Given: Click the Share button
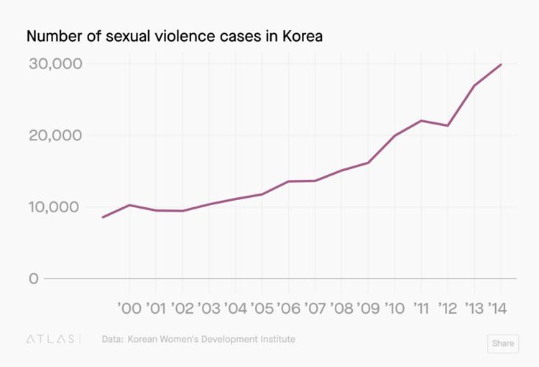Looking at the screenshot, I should (502, 343).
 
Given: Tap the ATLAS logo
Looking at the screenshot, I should (50, 339).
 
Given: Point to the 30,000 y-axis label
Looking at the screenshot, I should (55, 63).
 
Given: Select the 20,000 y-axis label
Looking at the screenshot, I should (55, 135).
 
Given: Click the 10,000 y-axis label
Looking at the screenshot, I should (55, 207).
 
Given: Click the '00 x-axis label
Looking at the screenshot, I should (129, 309).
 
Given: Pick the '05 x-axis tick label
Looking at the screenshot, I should (262, 309).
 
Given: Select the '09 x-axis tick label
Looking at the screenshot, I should (369, 309).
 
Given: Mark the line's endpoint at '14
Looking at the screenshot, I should (501, 64).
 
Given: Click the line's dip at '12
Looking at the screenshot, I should (448, 126).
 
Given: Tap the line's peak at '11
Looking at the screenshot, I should (421, 120).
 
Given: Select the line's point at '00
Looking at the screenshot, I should (129, 205).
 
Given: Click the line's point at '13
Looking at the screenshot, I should (474, 86).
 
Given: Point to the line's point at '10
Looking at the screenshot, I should (395, 135).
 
